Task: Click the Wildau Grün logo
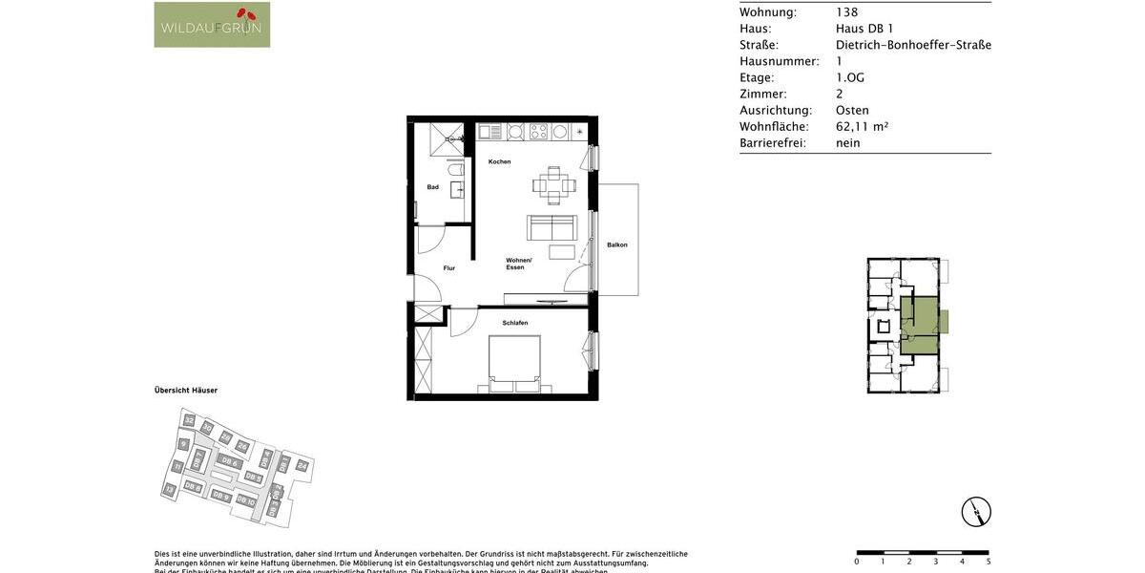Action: pos(212,25)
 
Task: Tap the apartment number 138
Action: pos(847,12)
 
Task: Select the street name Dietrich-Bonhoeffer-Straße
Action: pos(913,45)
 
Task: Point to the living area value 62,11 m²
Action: pos(862,126)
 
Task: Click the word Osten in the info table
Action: pos(852,110)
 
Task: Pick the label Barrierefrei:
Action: pos(773,143)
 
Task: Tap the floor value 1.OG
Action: pos(850,77)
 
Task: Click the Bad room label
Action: pos(433,187)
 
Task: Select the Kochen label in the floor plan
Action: pos(500,161)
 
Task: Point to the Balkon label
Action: pos(617,245)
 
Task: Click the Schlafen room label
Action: pos(515,323)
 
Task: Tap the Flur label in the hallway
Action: pos(449,268)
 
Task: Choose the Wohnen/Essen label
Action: pos(519,264)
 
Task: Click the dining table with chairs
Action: pos(554,185)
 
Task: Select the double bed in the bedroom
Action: pos(515,364)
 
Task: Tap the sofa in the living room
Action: pos(552,227)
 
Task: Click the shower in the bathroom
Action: pos(446,138)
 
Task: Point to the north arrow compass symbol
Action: pos(976,512)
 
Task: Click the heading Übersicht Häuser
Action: pos(186,391)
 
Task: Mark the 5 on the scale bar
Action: pos(989,562)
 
